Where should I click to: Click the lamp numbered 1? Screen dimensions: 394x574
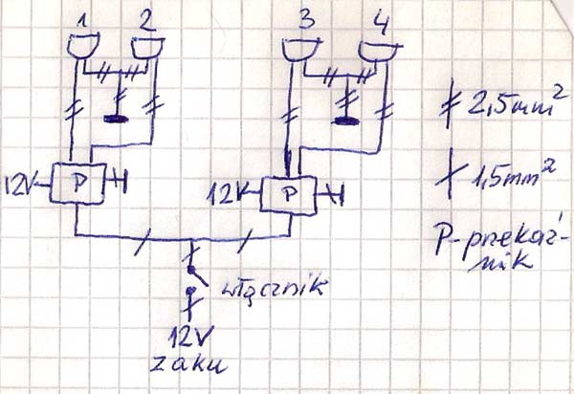[84, 46]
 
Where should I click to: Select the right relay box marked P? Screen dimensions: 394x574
[291, 195]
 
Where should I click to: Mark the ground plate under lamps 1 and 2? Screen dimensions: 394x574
[119, 120]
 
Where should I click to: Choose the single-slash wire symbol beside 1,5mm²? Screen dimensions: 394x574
[453, 173]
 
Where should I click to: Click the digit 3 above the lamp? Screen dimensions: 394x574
[305, 20]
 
